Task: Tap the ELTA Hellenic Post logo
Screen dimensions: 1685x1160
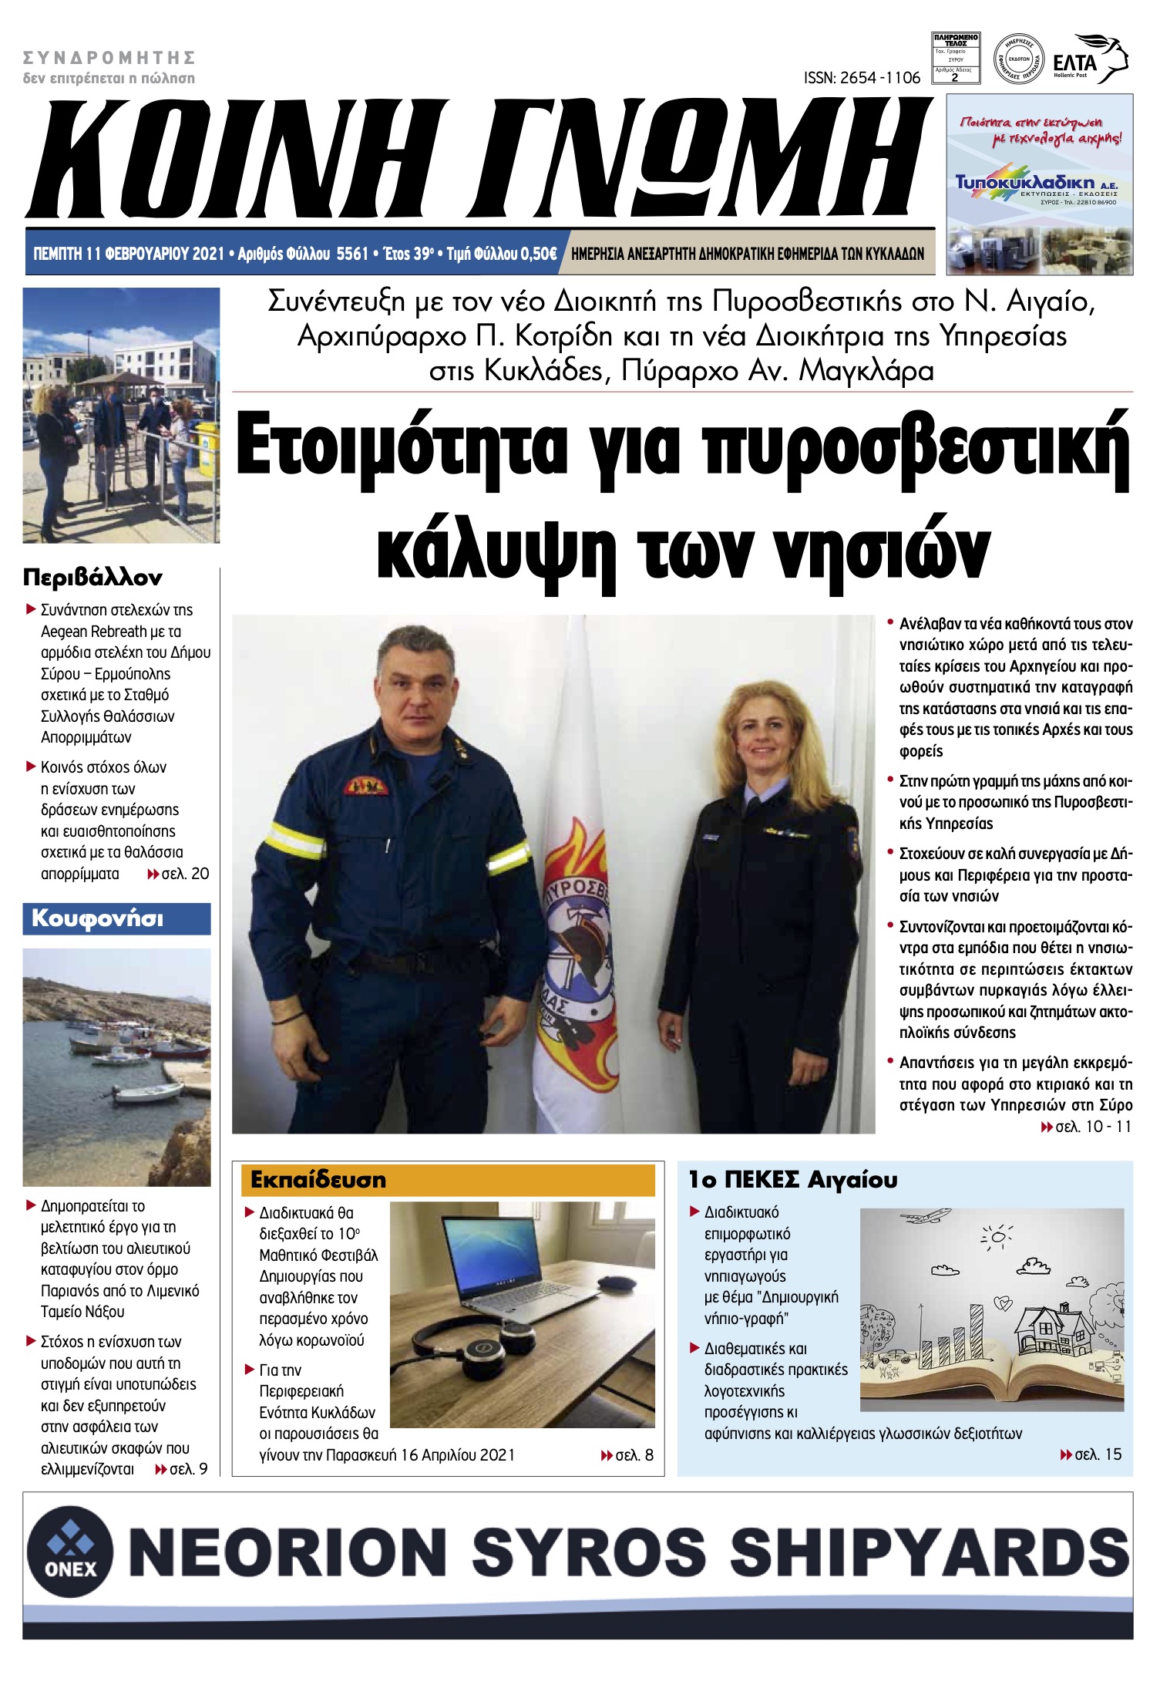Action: coord(1090,59)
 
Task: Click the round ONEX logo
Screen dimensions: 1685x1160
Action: coord(71,1550)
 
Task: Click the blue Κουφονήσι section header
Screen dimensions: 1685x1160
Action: coord(116,918)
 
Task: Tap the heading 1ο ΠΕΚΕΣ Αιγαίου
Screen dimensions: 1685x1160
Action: coord(792,1180)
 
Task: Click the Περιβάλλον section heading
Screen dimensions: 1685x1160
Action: coord(92,577)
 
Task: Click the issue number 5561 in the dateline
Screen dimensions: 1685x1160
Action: coord(352,254)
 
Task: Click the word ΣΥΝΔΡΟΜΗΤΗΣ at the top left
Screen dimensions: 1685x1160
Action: coord(109,58)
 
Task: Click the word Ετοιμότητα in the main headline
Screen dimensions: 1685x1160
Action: coord(401,451)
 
